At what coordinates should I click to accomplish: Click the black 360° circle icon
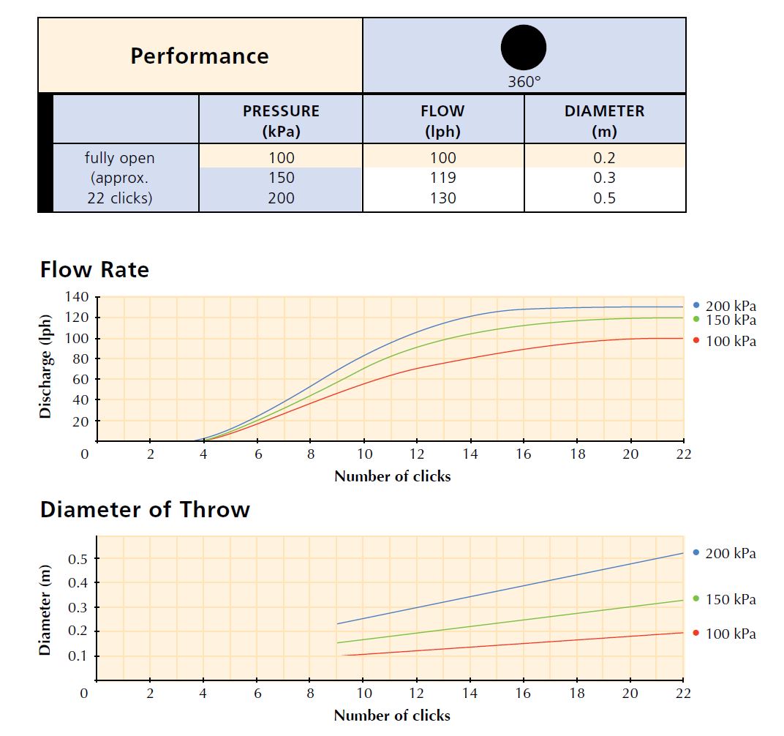click(x=523, y=48)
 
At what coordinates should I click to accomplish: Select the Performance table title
click(x=200, y=56)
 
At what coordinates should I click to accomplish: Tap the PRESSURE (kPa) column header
click(x=281, y=121)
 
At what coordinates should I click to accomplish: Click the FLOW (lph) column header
click(x=442, y=121)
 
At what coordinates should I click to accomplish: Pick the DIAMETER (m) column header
click(x=604, y=121)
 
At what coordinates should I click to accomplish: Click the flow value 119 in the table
click(x=442, y=178)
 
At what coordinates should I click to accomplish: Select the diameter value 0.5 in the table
click(x=604, y=198)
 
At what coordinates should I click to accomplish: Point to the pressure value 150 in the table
click(x=281, y=178)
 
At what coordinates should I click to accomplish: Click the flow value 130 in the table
click(x=442, y=198)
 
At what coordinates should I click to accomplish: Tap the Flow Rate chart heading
click(x=94, y=270)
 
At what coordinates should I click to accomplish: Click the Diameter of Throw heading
click(x=145, y=509)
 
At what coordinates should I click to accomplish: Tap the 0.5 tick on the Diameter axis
click(x=78, y=559)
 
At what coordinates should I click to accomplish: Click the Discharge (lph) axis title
click(x=46, y=367)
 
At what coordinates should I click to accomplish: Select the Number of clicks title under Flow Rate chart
click(x=392, y=476)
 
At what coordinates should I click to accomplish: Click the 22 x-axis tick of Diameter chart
click(x=683, y=693)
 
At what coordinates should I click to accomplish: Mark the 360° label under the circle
click(x=524, y=82)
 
